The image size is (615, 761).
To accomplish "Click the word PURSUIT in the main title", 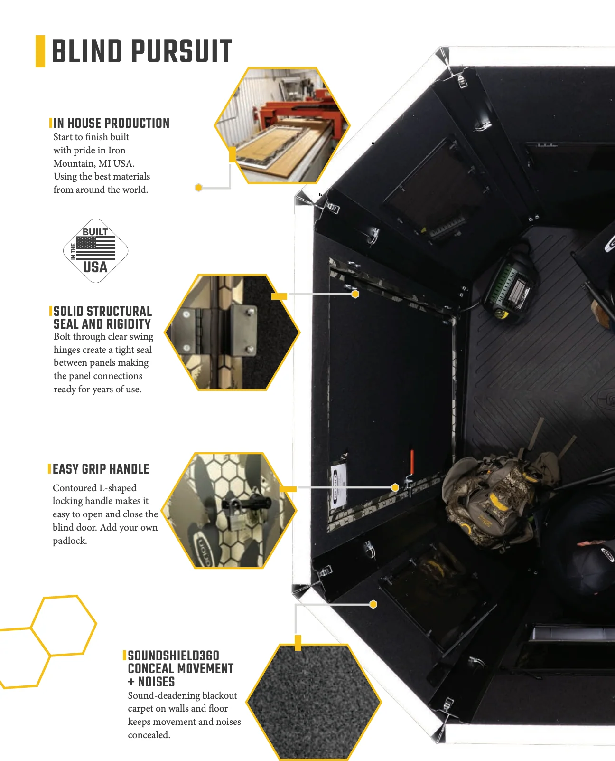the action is coord(182,51).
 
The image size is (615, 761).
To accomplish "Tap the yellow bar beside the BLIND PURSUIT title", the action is coord(40,51).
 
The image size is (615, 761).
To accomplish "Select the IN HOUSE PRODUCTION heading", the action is coord(111,123).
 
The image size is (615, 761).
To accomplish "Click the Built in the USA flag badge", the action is coord(95,251).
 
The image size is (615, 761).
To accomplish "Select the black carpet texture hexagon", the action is coord(314,702).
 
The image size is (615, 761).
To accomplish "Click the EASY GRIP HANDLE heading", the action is coord(101,469).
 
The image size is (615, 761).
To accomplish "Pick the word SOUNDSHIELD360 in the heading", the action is coord(174,656).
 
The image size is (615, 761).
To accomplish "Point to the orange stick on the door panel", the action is coord(412,461).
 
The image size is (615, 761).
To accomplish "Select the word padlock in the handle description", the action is coord(70,541).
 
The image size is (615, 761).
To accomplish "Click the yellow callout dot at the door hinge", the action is coord(355,294).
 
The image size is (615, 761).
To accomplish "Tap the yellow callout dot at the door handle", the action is coord(395,487).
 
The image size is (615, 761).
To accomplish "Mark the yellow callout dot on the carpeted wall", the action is coord(373,604).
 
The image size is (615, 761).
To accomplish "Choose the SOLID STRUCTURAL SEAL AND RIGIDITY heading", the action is coord(103,318).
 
